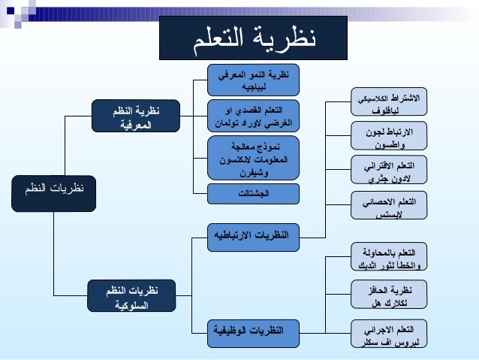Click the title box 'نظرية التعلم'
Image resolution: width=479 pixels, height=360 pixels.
(253, 38)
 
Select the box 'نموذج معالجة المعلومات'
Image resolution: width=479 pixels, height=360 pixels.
(254, 156)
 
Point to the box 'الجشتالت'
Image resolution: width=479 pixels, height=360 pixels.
(254, 194)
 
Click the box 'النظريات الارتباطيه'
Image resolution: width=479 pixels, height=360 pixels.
(254, 235)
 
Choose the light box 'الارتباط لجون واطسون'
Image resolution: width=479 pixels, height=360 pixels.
(389, 137)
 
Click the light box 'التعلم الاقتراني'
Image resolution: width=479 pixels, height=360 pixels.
(389, 171)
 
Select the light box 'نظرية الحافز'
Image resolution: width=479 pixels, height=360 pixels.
(389, 295)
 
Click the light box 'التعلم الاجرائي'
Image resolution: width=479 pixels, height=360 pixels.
(389, 334)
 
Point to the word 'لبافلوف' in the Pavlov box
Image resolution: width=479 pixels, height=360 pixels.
(389, 111)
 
